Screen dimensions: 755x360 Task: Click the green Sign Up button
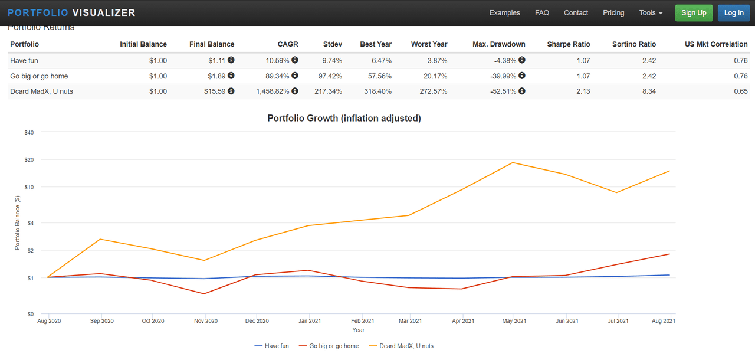pyautogui.click(x=694, y=13)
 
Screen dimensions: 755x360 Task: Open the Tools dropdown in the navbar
pyautogui.click(x=651, y=13)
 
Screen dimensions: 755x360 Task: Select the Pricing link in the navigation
pyautogui.click(x=613, y=13)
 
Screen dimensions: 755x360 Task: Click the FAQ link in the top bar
pyautogui.click(x=542, y=13)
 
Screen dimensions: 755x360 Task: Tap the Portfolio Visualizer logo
pyautogui.click(x=71, y=13)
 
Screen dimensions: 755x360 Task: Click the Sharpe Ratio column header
pyautogui.click(x=568, y=44)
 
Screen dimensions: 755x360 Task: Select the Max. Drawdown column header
pyautogui.click(x=498, y=44)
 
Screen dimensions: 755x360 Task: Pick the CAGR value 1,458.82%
pyautogui.click(x=273, y=91)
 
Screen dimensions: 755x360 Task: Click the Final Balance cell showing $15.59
pyautogui.click(x=214, y=91)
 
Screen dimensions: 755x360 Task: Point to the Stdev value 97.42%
pyautogui.click(x=330, y=76)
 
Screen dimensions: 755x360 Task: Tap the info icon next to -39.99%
pyautogui.click(x=522, y=76)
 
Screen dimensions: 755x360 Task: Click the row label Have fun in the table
pyautogui.click(x=24, y=61)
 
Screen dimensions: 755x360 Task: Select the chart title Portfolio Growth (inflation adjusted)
pyautogui.click(x=344, y=118)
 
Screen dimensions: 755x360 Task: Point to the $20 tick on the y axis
pyautogui.click(x=29, y=160)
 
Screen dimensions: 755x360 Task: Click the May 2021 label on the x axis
pyautogui.click(x=514, y=321)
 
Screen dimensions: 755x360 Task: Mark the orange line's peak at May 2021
pyautogui.click(x=513, y=163)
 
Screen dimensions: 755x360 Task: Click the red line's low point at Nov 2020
pyautogui.click(x=204, y=293)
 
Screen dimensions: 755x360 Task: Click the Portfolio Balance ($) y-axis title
pyautogui.click(x=17, y=223)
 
